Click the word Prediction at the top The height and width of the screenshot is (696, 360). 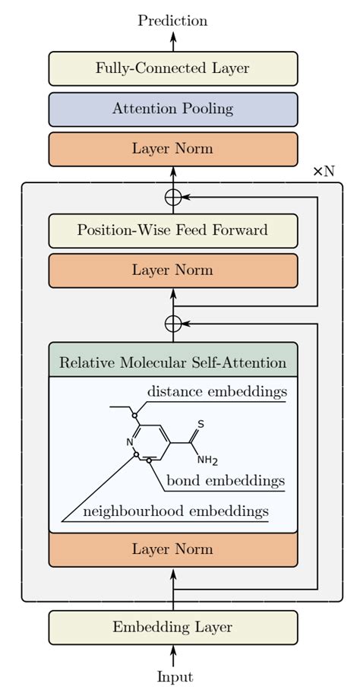tap(172, 21)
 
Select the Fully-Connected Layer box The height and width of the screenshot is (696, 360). tap(172, 68)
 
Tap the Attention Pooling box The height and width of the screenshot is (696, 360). tap(172, 109)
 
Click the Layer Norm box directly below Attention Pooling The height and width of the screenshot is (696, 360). tap(172, 149)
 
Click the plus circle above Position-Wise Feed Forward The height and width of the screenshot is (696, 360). tap(173, 197)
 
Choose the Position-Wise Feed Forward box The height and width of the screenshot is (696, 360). tap(172, 230)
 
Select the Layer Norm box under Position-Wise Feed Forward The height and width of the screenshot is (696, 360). tap(172, 270)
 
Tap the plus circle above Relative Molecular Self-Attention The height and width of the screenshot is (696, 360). tap(173, 324)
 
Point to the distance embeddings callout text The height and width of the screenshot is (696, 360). tap(216, 392)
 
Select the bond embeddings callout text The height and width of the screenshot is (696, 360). tap(226, 481)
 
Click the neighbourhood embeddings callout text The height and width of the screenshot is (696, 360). tap(175, 511)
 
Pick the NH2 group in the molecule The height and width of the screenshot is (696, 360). tap(207, 460)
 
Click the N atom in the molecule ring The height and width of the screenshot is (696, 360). tap(129, 441)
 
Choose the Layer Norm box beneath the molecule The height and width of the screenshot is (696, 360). tap(172, 549)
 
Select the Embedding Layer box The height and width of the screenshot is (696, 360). tap(172, 627)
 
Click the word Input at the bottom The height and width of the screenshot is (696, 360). tap(174, 677)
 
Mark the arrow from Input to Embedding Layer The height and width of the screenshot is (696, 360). tap(173, 655)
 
